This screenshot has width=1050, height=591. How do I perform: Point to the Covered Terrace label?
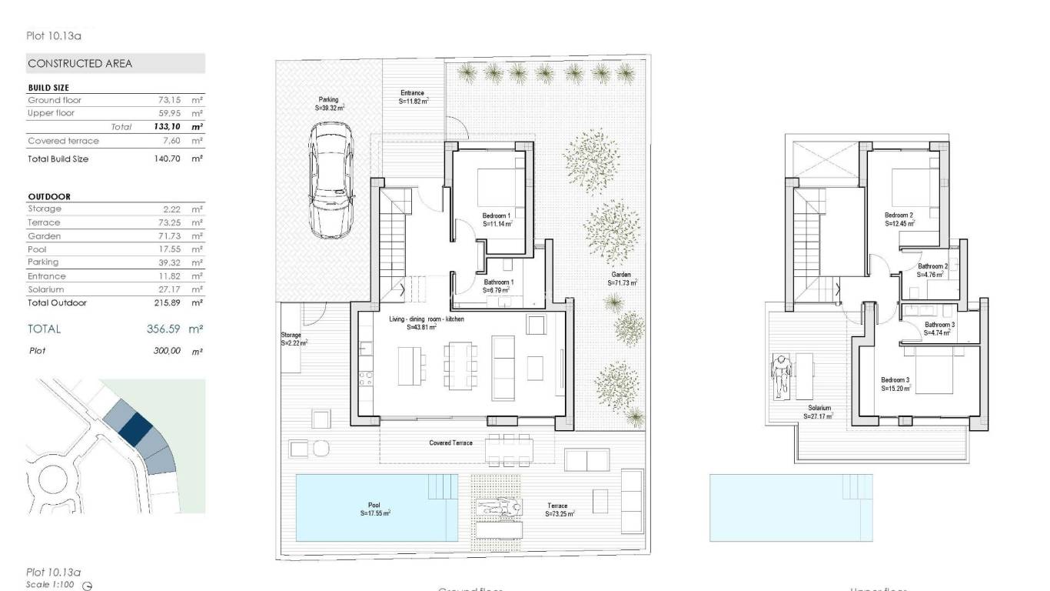click(450, 443)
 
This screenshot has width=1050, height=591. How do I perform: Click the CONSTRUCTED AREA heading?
click(80, 64)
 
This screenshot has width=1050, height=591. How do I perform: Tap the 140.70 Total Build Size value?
click(167, 159)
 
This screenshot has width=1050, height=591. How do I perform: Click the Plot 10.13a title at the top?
click(54, 35)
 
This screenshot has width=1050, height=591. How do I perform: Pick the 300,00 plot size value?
click(167, 351)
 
